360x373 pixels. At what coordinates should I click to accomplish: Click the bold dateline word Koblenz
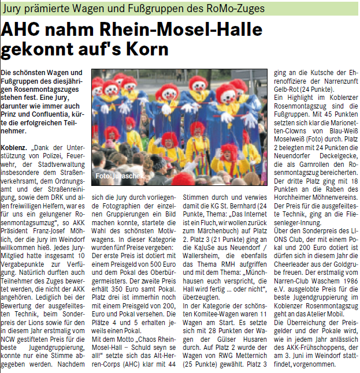point(14,149)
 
